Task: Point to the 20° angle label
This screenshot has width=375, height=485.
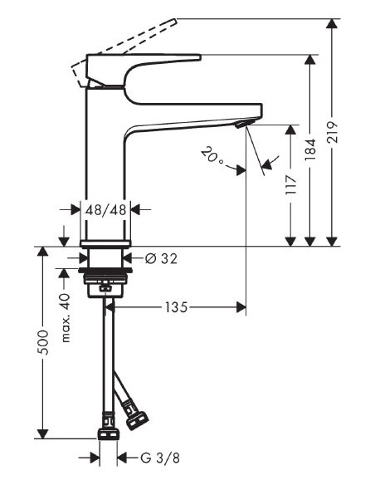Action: coord(212,155)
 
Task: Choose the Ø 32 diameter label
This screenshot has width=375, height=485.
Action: coord(161,258)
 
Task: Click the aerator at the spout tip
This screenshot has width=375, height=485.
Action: coord(241,124)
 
